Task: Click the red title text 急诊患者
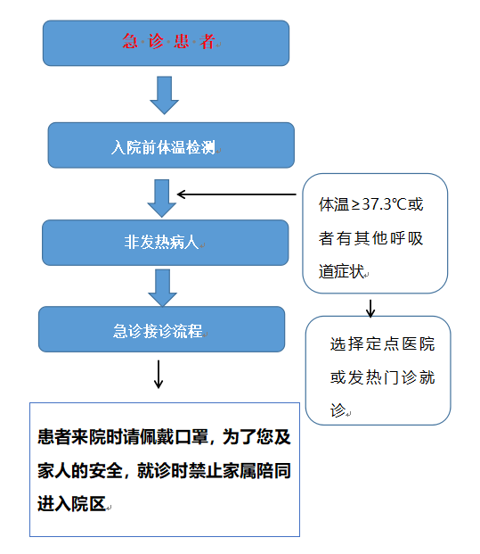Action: tap(168, 41)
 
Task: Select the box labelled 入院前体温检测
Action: tap(171, 145)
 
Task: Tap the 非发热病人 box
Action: tap(165, 243)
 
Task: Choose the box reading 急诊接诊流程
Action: tap(161, 329)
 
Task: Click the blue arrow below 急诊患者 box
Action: tap(165, 95)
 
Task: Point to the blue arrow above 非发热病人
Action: tap(161, 198)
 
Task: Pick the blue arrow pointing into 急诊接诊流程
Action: tap(162, 287)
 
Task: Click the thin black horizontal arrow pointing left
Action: tap(236, 194)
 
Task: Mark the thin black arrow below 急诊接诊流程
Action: tap(159, 374)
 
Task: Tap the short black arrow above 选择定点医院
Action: tap(370, 309)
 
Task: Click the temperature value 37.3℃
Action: tap(385, 204)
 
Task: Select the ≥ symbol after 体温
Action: tap(356, 204)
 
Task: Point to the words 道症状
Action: tap(341, 271)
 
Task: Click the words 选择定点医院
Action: tap(382, 343)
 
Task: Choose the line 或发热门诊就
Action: tap(382, 377)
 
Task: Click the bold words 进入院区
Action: tap(71, 503)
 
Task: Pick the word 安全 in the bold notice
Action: tap(105, 471)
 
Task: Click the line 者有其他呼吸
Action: tap(370, 238)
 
